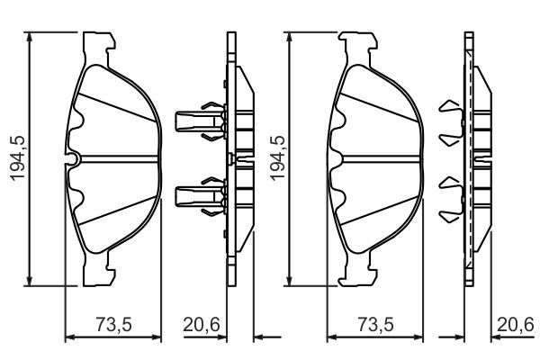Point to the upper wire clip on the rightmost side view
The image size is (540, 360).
click(448, 122)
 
